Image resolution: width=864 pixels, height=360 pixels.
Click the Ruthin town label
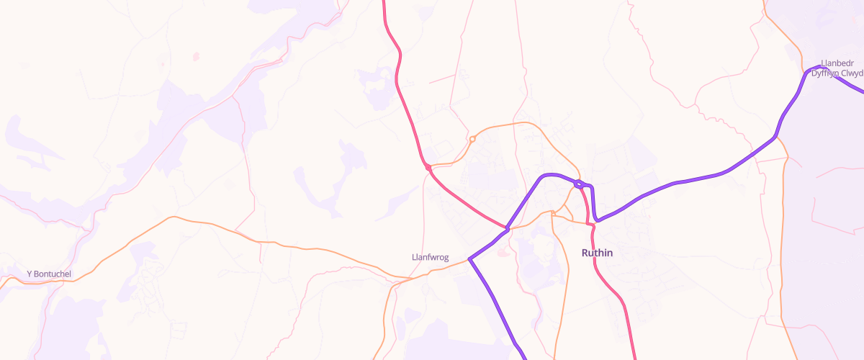coord(597,253)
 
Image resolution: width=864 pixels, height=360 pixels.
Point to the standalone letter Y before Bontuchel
coord(29,274)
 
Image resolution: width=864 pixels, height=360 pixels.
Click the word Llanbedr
coord(837,63)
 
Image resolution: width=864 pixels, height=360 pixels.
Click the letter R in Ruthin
coord(585,253)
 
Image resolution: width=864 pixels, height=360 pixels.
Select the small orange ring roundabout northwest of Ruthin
coord(472,139)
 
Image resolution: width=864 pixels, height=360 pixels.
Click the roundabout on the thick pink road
coord(428,168)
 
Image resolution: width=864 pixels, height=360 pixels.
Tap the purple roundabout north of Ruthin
coord(579,184)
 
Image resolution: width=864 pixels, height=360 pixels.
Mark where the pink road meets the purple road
coord(508,229)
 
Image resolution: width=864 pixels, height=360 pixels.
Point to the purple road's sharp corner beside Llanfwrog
coord(469,258)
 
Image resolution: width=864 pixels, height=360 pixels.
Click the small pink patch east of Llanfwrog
coord(503,252)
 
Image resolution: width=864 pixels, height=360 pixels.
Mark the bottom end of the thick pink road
coord(635,358)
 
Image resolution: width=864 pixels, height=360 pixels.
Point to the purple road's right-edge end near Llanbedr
coord(862,90)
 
